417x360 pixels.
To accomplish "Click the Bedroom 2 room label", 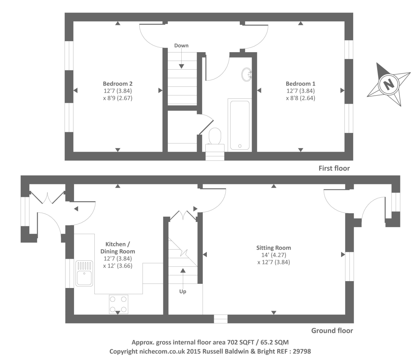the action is point(118,84).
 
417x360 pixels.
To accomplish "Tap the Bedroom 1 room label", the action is point(300,84).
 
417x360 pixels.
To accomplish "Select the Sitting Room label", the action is point(273,248).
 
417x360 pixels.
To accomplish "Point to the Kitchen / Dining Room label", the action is point(118,248).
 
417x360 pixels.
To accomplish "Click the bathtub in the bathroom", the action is point(240,125).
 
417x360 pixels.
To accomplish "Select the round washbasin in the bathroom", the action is point(247,74).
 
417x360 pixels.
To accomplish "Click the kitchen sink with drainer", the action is point(84,273).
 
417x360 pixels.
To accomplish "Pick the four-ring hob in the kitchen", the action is point(119,304).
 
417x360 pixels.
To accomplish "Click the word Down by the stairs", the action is point(181,46).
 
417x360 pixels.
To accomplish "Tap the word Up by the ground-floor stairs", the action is point(183,292).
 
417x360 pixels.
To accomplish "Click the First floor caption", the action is point(334,168).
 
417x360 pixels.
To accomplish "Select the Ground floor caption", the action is point(332,331).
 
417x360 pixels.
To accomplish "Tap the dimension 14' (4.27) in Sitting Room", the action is point(273,255).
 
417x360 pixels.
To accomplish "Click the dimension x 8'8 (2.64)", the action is point(300,98).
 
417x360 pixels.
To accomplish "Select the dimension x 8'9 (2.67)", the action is point(118,98).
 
